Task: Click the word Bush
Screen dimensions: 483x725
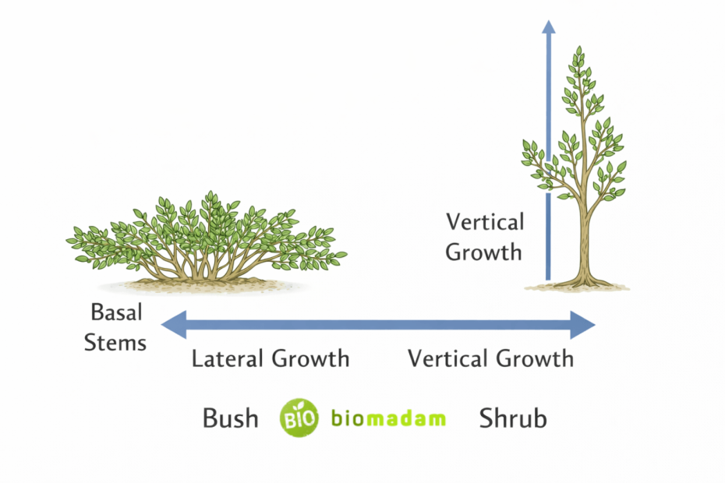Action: tap(230, 418)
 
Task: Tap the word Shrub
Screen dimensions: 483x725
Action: tap(513, 418)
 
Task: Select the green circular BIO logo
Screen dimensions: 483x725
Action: tap(299, 418)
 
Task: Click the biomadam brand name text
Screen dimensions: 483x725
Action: tap(388, 418)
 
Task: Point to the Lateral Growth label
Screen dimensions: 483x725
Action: tap(271, 359)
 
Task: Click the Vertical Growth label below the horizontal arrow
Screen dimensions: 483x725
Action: tap(490, 359)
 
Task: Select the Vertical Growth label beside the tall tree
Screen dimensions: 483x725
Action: tap(485, 237)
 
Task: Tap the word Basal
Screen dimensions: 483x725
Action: tap(118, 313)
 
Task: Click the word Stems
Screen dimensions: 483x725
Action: tap(115, 342)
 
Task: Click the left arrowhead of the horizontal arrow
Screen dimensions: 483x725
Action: tap(173, 325)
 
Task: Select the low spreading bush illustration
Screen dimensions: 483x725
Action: tap(207, 238)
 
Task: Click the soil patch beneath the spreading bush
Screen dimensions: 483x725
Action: tap(207, 285)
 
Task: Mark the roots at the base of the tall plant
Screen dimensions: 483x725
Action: tap(582, 282)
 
